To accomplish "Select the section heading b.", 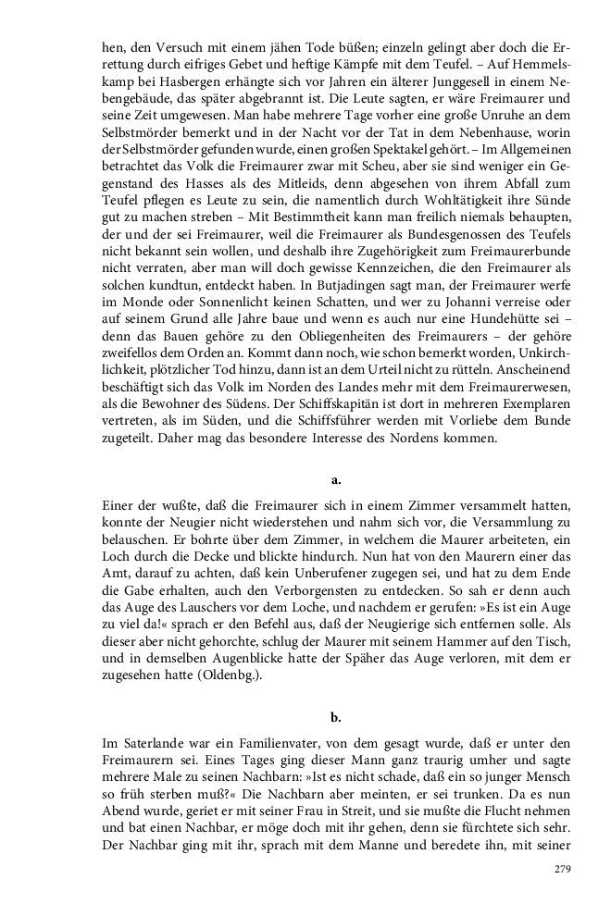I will point(335,715).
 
